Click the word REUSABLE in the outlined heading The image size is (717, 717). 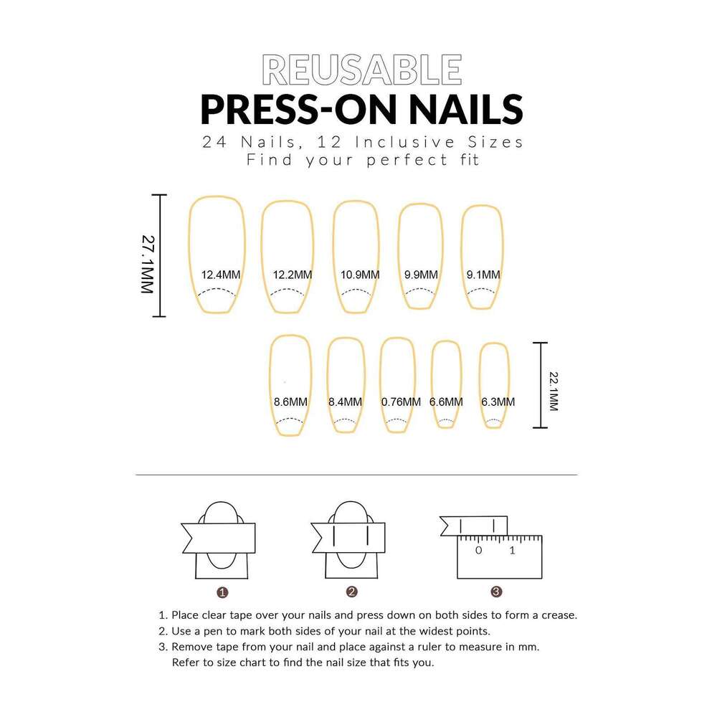pos(361,70)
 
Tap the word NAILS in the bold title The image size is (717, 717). pos(465,110)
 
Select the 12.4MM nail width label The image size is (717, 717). pos(221,275)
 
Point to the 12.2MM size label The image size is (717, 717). pos(293,275)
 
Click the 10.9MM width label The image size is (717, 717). pos(360,275)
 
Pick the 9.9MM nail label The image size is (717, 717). pos(421,275)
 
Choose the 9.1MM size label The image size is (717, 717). pos(483,275)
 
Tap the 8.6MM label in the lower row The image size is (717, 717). pos(291,402)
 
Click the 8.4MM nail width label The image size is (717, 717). pos(346,402)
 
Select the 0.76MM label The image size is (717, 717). pos(401,402)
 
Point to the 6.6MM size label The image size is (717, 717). pos(446,402)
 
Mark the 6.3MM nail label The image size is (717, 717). pos(498,402)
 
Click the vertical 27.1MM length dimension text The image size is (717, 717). pos(148,265)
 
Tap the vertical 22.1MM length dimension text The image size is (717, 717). pos(554,391)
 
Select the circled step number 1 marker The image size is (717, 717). pos(222,593)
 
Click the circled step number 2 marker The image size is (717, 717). pos(351,592)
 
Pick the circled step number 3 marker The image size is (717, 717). pos(496,592)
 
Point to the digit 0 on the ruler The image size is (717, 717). pos(478,550)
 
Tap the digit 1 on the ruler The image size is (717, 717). pos(512,550)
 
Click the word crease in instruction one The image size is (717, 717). pos(559,615)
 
